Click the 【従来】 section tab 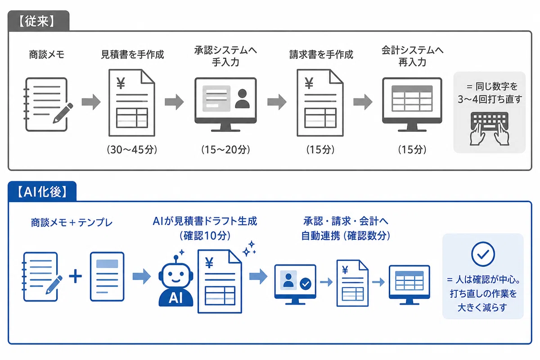click(39, 21)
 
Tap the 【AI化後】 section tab click(42, 191)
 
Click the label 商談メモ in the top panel click(46, 54)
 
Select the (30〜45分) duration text click(132, 149)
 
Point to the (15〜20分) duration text click(225, 149)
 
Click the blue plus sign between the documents click(76, 276)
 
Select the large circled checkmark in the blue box click(483, 254)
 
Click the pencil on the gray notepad click(63, 113)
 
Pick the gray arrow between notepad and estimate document click(91, 102)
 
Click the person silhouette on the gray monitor click(242, 99)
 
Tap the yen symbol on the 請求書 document click(309, 83)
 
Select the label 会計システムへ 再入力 click(412, 56)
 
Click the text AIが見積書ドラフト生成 click(205, 221)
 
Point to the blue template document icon click(107, 277)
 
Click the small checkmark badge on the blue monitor click(306, 284)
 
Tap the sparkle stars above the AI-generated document click(249, 248)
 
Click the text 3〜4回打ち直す click(490, 99)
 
